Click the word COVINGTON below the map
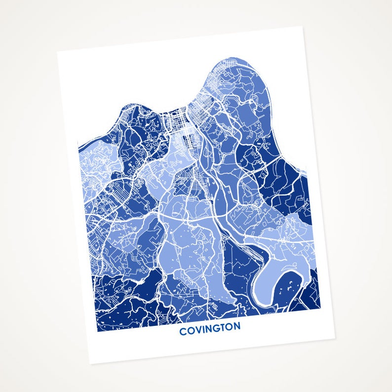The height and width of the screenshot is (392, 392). click(x=210, y=329)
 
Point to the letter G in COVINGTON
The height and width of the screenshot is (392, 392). click(x=214, y=329)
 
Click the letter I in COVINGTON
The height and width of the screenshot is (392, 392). click(x=201, y=330)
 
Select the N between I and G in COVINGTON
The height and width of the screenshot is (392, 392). click(x=207, y=329)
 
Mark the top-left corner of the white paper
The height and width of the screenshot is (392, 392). click(x=57, y=51)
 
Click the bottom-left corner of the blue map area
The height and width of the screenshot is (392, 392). click(x=97, y=331)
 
